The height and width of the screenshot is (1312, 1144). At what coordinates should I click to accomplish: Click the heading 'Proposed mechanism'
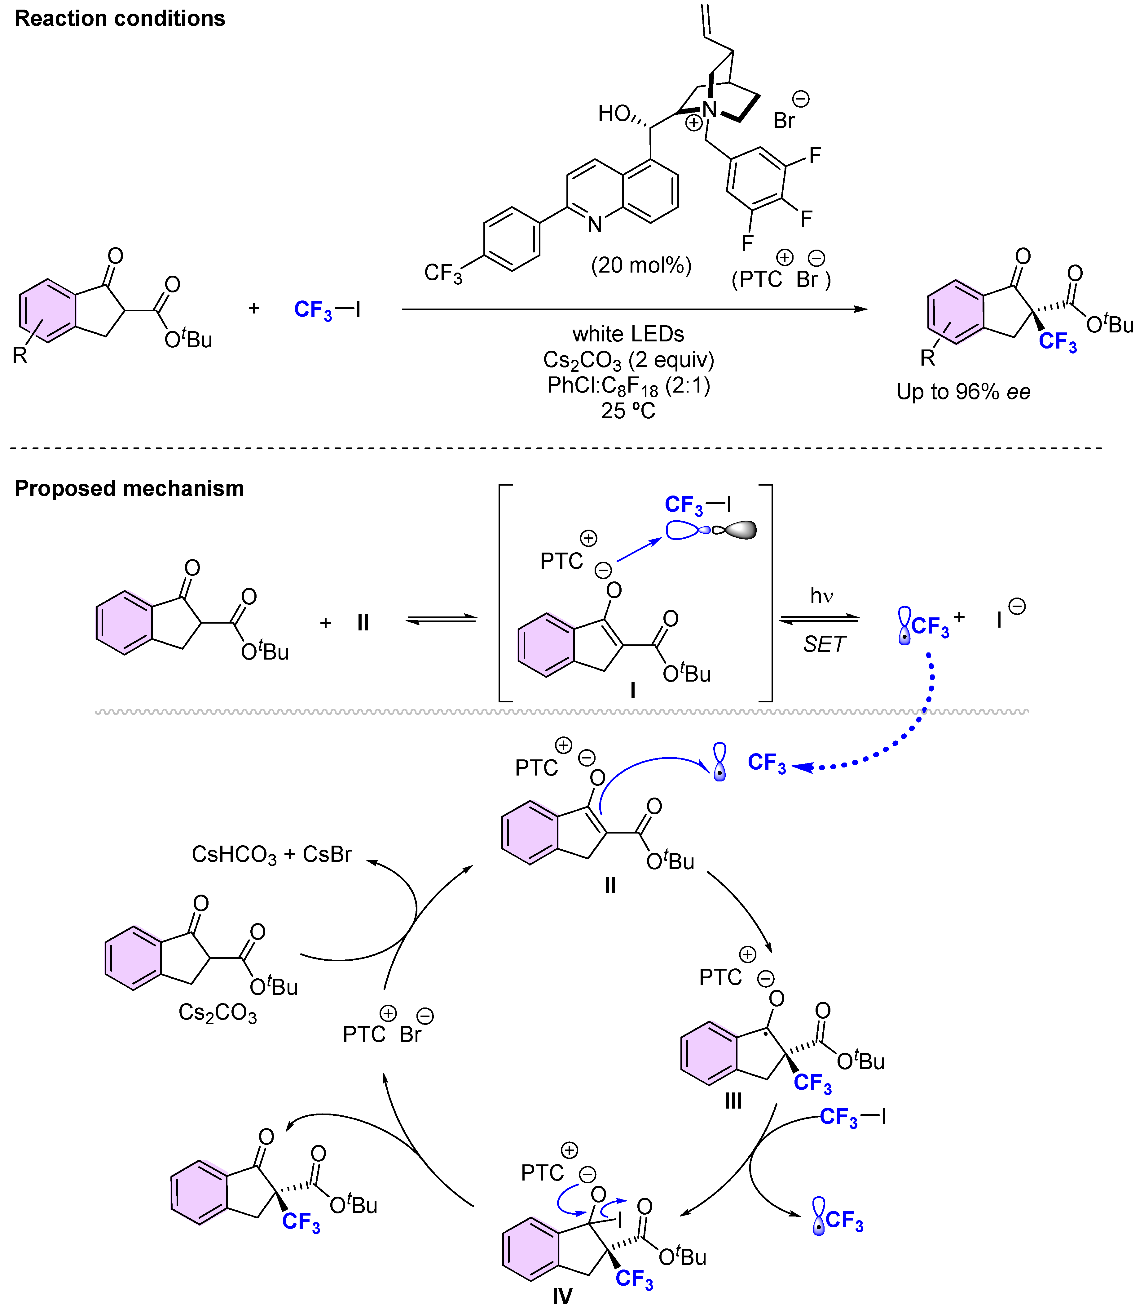pyautogui.click(x=129, y=489)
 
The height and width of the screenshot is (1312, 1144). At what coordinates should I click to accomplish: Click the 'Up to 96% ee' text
pyautogui.click(x=963, y=392)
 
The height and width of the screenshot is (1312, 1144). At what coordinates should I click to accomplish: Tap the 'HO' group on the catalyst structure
pyautogui.click(x=614, y=114)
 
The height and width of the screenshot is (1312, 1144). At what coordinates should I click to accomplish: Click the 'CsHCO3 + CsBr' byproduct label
pyautogui.click(x=271, y=855)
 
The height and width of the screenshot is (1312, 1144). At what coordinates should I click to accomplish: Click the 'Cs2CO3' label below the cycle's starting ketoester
pyautogui.click(x=217, y=1012)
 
